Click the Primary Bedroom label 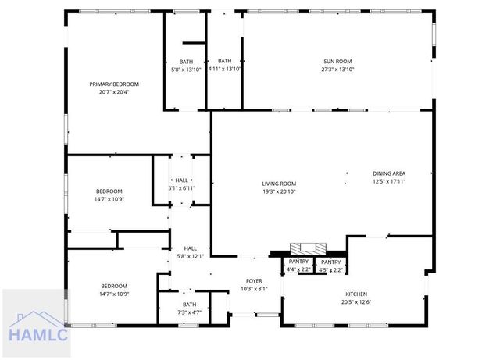[x=114, y=84]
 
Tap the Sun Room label [x=338, y=62]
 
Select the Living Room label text [x=279, y=184]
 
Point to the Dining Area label [x=389, y=173]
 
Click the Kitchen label [x=356, y=294]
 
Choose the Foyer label [x=254, y=281]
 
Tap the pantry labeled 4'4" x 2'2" [x=299, y=262]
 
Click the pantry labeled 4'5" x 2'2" [x=330, y=262]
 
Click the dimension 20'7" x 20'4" [x=114, y=92]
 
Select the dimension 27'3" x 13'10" [x=338, y=70]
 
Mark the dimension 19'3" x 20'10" [x=279, y=191]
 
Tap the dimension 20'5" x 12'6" [x=356, y=302]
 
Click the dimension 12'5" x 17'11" [x=389, y=181]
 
